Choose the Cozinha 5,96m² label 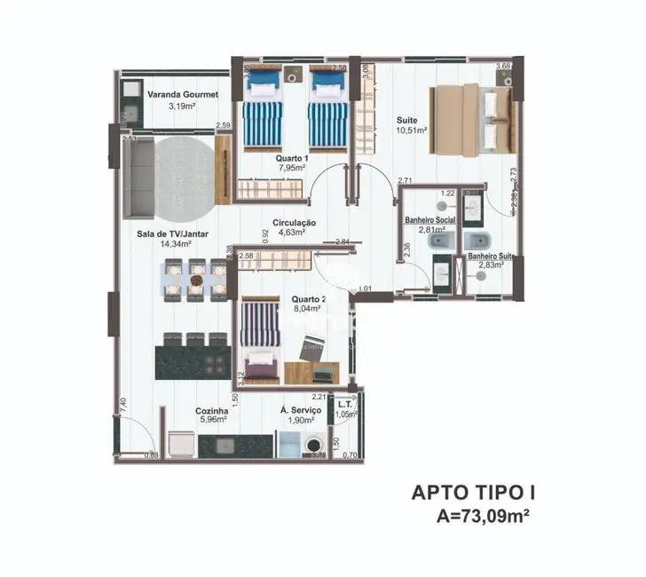212,416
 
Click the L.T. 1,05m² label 346,408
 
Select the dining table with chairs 196,279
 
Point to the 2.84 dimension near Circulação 342,242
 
